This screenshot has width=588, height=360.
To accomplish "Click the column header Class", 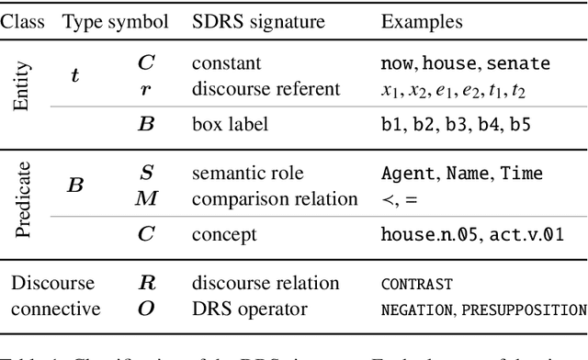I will point(26,21).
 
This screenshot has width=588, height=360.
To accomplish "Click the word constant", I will point(227,64).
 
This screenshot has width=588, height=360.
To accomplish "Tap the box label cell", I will point(230,124).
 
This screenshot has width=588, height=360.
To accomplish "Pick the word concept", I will point(225,234).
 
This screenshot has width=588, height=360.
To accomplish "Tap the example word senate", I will point(518,64).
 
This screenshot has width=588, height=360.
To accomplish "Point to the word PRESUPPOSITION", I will point(526,309).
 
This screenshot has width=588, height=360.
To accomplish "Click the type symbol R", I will point(146,284).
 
